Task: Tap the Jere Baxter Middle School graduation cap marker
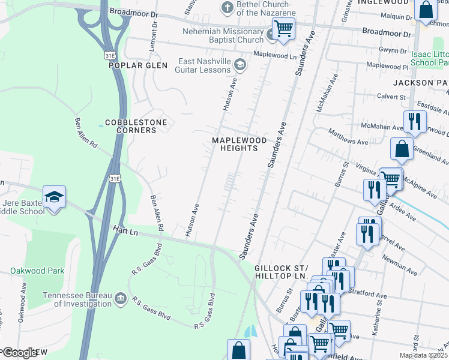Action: (54, 197)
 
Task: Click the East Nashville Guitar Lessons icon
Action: (240, 64)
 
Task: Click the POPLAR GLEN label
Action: (136, 66)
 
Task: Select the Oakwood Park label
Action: (37, 271)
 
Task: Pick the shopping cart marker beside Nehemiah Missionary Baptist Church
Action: (283, 28)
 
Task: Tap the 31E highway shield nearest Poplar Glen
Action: (109, 55)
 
